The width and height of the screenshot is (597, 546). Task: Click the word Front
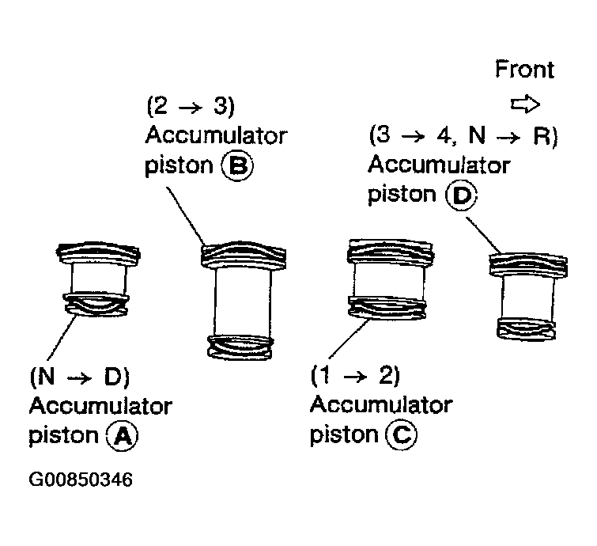[x=525, y=70]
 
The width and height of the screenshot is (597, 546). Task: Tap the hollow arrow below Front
[x=525, y=104]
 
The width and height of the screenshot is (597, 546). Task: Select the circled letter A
[x=123, y=436]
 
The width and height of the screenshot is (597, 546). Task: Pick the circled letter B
[x=237, y=166]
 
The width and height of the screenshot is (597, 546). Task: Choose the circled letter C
[x=402, y=434]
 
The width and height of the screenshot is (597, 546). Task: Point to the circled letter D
[x=462, y=195]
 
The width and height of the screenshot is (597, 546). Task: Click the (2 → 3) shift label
[x=191, y=106]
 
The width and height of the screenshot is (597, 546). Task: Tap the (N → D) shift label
[x=80, y=377]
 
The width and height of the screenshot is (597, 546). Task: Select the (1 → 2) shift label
[x=355, y=375]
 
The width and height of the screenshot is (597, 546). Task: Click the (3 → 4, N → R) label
[x=463, y=135]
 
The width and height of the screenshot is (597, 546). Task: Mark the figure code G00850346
[x=81, y=480]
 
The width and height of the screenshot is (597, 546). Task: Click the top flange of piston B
[x=244, y=256]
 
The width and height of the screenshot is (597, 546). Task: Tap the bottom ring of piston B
[x=240, y=347]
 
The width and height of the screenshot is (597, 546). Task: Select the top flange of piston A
[x=98, y=253]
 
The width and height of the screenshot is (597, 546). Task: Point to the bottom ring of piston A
[x=96, y=305]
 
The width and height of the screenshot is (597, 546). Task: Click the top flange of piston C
[x=391, y=251]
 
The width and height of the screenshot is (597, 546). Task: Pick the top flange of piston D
[x=528, y=265]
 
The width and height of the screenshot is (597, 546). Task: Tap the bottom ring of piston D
[x=526, y=328]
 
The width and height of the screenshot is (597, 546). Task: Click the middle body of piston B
[x=244, y=302]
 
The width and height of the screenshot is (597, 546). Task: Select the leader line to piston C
[x=349, y=339]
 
